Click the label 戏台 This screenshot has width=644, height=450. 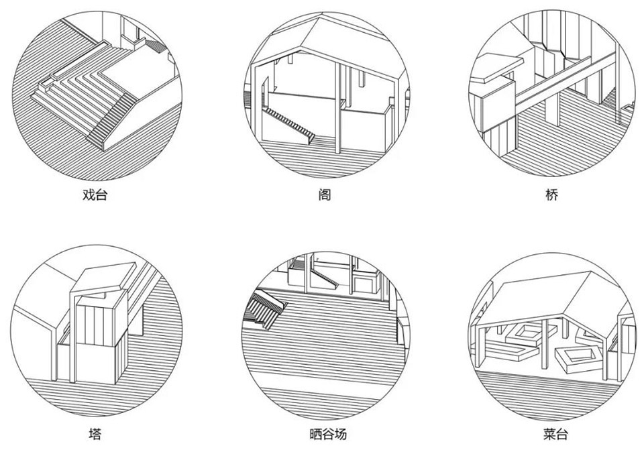point(95,194)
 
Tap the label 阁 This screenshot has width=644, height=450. point(324,194)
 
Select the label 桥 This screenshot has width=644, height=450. point(552,194)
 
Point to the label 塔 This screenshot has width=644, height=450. point(95,434)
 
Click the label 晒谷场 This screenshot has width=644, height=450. point(328,434)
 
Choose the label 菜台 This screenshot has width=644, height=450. point(555,434)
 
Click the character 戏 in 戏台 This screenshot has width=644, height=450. point(89,194)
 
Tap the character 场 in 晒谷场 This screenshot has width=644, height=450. point(341,434)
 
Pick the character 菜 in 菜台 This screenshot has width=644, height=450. point(549,434)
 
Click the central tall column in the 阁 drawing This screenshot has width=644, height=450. point(337,109)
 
